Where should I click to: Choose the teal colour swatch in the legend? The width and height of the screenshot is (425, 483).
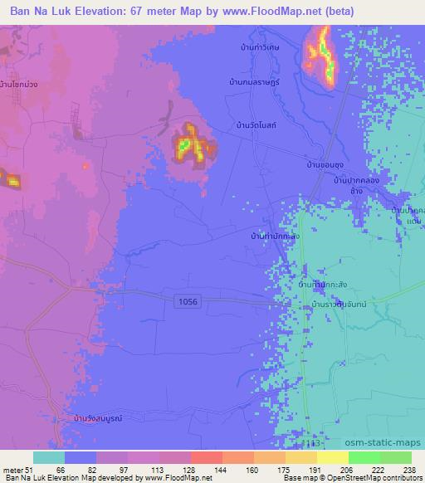48,457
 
